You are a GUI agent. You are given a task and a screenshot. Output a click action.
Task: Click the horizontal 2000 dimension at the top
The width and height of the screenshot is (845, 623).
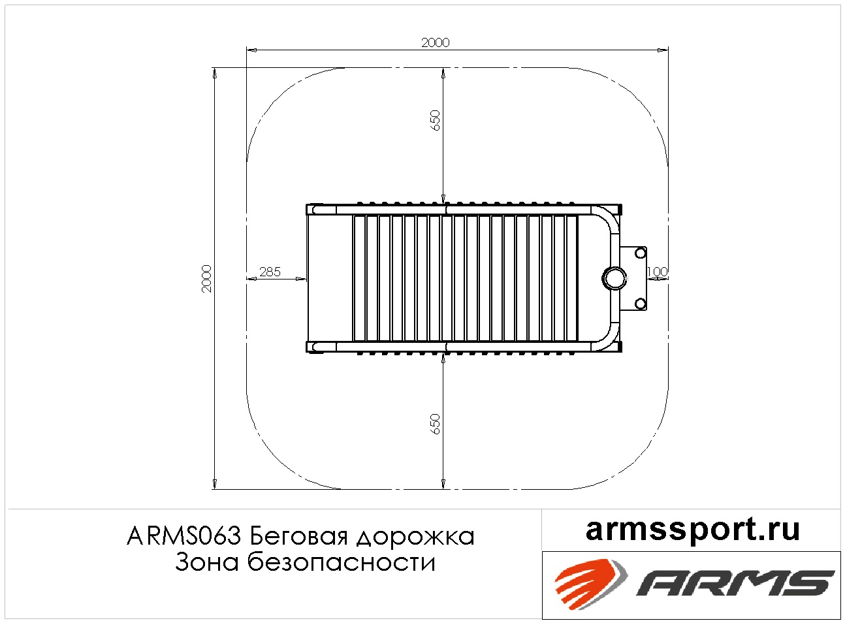(436, 42)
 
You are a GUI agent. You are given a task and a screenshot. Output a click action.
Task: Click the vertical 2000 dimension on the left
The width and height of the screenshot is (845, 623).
(207, 279)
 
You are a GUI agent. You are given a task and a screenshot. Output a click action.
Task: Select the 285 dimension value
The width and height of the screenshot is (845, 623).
(270, 272)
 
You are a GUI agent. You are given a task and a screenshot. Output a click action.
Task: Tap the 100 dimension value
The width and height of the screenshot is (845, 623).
(657, 272)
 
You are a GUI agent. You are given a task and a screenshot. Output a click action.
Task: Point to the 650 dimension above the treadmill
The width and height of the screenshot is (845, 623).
(436, 120)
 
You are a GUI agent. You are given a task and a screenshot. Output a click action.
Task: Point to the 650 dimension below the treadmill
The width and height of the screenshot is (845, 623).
(436, 424)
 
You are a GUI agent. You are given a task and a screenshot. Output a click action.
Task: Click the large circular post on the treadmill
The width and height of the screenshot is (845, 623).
(614, 279)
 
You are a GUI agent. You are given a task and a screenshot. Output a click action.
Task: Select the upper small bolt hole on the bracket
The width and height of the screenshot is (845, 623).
(640, 253)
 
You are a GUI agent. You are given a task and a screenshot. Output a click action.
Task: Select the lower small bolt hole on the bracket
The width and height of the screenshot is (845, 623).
(640, 304)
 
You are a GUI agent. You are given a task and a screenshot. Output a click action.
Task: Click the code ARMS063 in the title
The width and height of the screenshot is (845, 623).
(183, 536)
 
